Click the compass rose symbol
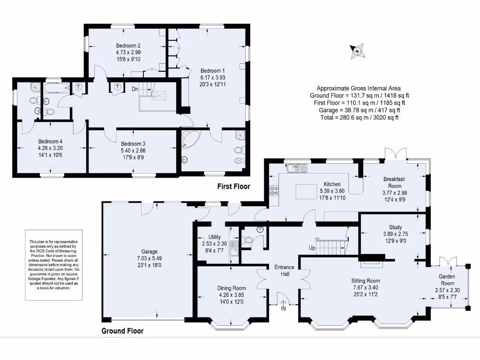[x=357, y=51]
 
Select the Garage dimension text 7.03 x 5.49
[x=150, y=258]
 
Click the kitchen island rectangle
[x=307, y=192]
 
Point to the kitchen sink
[x=297, y=168]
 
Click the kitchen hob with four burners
[x=274, y=191]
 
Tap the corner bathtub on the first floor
[x=190, y=140]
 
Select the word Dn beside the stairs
[x=135, y=89]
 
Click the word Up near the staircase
[x=312, y=248]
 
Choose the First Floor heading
[x=233, y=187]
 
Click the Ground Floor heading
[x=122, y=331]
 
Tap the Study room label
[x=396, y=227]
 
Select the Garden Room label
[x=447, y=280]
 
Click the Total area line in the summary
[x=360, y=118]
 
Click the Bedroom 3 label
[x=133, y=143]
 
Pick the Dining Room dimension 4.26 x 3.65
[x=232, y=295]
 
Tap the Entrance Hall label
[x=285, y=270]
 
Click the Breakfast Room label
[x=395, y=182]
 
